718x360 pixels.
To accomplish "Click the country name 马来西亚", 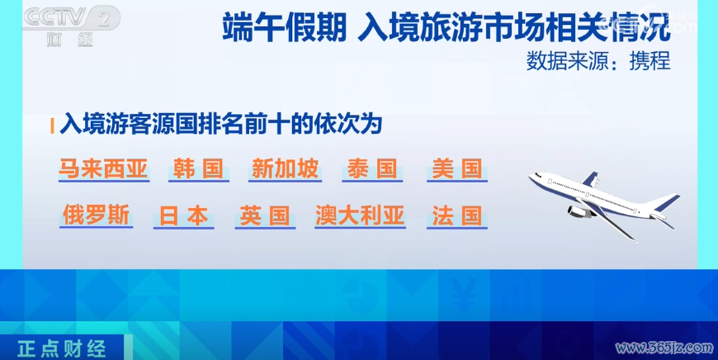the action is (x=103, y=169).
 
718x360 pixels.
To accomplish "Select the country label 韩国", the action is (x=198, y=169).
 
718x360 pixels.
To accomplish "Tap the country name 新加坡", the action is (x=285, y=169).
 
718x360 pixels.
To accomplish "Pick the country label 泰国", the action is (x=372, y=169).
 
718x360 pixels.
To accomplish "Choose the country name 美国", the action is (x=457, y=169).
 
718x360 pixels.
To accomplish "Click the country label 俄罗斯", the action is (x=97, y=216).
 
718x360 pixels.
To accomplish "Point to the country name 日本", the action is (x=183, y=216).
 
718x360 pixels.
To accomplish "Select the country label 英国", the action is (x=265, y=216).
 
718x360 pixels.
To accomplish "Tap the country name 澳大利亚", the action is (x=360, y=216).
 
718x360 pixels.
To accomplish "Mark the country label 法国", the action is (x=457, y=216).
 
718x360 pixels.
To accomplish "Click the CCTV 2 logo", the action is (x=71, y=26).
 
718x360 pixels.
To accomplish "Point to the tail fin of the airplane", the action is (x=668, y=202).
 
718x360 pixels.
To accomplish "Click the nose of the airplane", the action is (x=532, y=178).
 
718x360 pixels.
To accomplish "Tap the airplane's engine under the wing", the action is (x=579, y=211).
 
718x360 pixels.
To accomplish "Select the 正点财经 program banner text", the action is (x=62, y=349).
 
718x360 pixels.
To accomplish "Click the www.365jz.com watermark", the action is (x=664, y=348).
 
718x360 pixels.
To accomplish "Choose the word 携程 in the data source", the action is (x=650, y=60).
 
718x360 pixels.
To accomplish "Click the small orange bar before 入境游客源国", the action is (x=52, y=126).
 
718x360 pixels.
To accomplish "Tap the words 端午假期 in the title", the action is (x=285, y=27).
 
